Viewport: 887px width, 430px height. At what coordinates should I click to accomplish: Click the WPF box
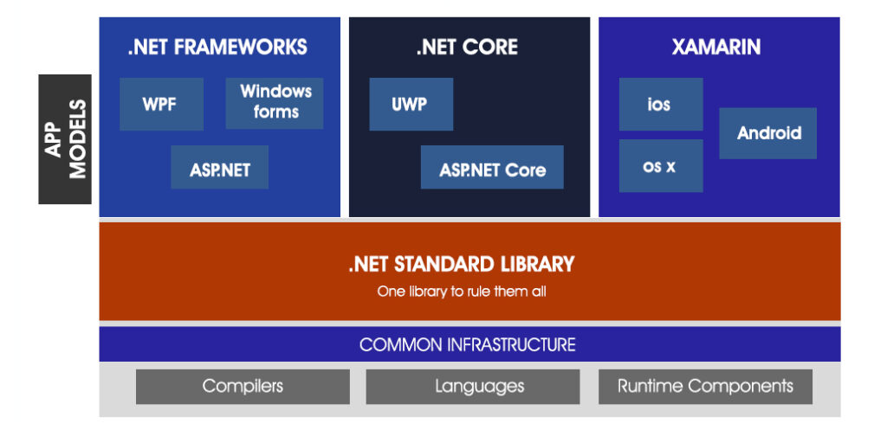coord(161,104)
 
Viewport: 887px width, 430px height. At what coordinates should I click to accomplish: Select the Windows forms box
coord(275,103)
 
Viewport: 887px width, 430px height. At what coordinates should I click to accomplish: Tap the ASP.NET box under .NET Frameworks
coord(219,168)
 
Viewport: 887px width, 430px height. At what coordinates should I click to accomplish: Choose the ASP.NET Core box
coord(492,168)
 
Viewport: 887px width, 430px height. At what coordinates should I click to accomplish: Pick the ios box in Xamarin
coord(660,104)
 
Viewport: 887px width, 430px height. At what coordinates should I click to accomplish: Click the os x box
coord(660,166)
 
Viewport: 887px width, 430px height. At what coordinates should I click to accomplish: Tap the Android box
coord(767,133)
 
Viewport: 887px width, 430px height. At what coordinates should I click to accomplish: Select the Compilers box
coord(243,386)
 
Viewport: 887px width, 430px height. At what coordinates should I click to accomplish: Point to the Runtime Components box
coord(705,386)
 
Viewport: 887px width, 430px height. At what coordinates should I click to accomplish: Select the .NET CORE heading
coord(467,48)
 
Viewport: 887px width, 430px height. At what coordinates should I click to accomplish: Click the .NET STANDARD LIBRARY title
coord(461,264)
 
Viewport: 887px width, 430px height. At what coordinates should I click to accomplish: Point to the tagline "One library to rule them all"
coord(462,292)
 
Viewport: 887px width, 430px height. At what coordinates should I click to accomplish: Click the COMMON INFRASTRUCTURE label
coord(468,344)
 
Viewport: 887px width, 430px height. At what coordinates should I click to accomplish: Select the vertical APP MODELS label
coord(66,138)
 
